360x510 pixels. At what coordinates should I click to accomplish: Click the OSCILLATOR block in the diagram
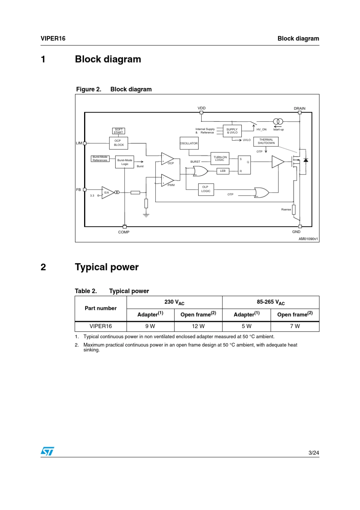189,143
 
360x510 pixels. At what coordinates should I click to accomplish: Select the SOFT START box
119,131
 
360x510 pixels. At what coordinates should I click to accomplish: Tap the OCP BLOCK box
119,143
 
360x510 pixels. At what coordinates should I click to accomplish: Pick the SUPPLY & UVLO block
232,131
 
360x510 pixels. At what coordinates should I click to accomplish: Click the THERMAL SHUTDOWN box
266,141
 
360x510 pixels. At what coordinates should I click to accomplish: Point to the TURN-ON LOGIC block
220,158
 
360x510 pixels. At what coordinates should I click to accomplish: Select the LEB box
223,171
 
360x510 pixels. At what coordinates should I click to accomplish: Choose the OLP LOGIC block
206,189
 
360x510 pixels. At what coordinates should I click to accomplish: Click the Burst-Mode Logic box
125,162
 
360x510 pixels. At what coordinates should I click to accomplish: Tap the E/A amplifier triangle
107,193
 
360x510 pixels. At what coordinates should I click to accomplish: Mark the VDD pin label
202,108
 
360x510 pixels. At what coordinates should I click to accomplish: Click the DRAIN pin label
299,108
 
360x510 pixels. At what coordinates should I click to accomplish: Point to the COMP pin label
124,232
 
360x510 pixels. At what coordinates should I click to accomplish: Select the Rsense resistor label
286,209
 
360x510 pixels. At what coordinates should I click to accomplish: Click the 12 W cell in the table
198,326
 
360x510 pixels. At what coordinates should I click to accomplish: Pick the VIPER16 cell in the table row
101,326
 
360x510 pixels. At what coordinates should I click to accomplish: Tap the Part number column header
101,308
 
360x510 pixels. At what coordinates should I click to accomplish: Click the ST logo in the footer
47,451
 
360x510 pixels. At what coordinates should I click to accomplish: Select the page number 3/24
314,453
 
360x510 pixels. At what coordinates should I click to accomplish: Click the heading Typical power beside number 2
107,267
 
